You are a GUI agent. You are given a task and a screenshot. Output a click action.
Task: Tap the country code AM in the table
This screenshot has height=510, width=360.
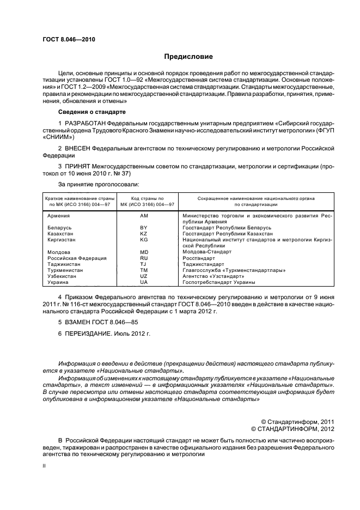(144, 216)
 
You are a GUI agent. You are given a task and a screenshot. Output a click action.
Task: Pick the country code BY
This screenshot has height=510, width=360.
(144, 228)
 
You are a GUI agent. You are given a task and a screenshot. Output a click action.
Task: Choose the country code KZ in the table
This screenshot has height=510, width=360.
(144, 234)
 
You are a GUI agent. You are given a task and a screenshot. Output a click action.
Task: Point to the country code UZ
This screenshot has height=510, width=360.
(144, 276)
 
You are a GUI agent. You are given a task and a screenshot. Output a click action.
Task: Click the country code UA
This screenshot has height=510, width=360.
(144, 282)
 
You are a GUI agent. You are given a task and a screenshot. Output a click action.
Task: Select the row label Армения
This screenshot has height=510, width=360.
(59, 216)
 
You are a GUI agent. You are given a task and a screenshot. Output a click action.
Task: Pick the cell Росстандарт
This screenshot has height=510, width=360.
(199, 258)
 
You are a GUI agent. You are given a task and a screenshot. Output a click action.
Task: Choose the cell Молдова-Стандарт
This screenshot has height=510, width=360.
(207, 252)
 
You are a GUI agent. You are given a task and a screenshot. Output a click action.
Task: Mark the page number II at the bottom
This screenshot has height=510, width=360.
(44, 466)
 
